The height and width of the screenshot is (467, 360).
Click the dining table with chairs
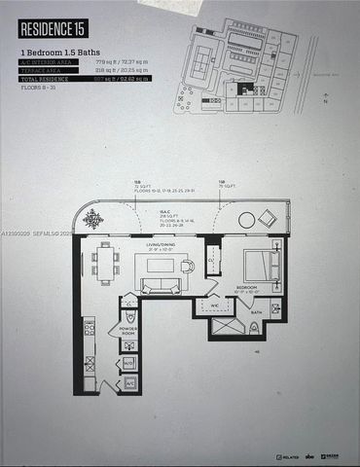point(104,263)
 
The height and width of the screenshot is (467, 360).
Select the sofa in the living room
point(159,285)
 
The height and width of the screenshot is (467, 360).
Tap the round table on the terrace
point(246,220)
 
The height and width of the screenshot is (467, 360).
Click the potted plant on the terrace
point(93,220)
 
